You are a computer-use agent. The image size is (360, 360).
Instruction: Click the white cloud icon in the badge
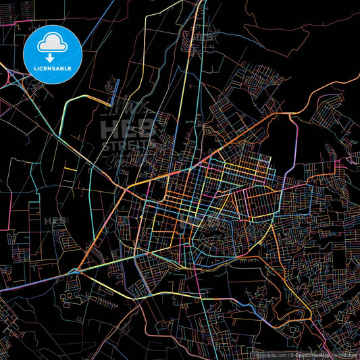click(x=52, y=42)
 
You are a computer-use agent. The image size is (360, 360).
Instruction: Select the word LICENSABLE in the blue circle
click(x=52, y=68)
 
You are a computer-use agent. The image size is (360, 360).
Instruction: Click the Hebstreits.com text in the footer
click(x=268, y=354)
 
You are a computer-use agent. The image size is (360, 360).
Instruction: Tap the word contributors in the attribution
click(x=344, y=354)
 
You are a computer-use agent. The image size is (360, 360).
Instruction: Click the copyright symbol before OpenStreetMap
click(x=292, y=354)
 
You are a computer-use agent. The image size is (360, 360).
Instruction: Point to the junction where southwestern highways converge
click(x=78, y=270)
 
